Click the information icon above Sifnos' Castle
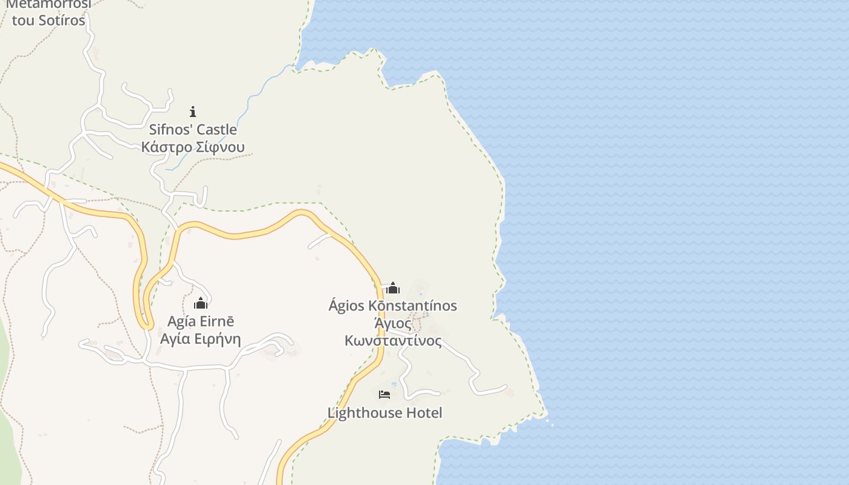tap(193, 112)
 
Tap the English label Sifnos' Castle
tap(193, 129)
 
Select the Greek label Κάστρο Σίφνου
tap(193, 147)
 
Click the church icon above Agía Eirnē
tap(201, 303)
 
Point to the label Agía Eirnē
tap(201, 321)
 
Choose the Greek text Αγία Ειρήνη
tap(201, 339)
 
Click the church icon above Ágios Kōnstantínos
tap(393, 288)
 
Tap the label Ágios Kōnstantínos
tap(392, 306)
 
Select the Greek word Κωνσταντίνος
tap(393, 341)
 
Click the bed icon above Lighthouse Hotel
tap(384, 395)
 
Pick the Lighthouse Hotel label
tap(384, 413)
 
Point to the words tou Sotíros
tap(49, 20)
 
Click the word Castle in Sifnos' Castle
tap(216, 129)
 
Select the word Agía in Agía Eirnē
tap(180, 321)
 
